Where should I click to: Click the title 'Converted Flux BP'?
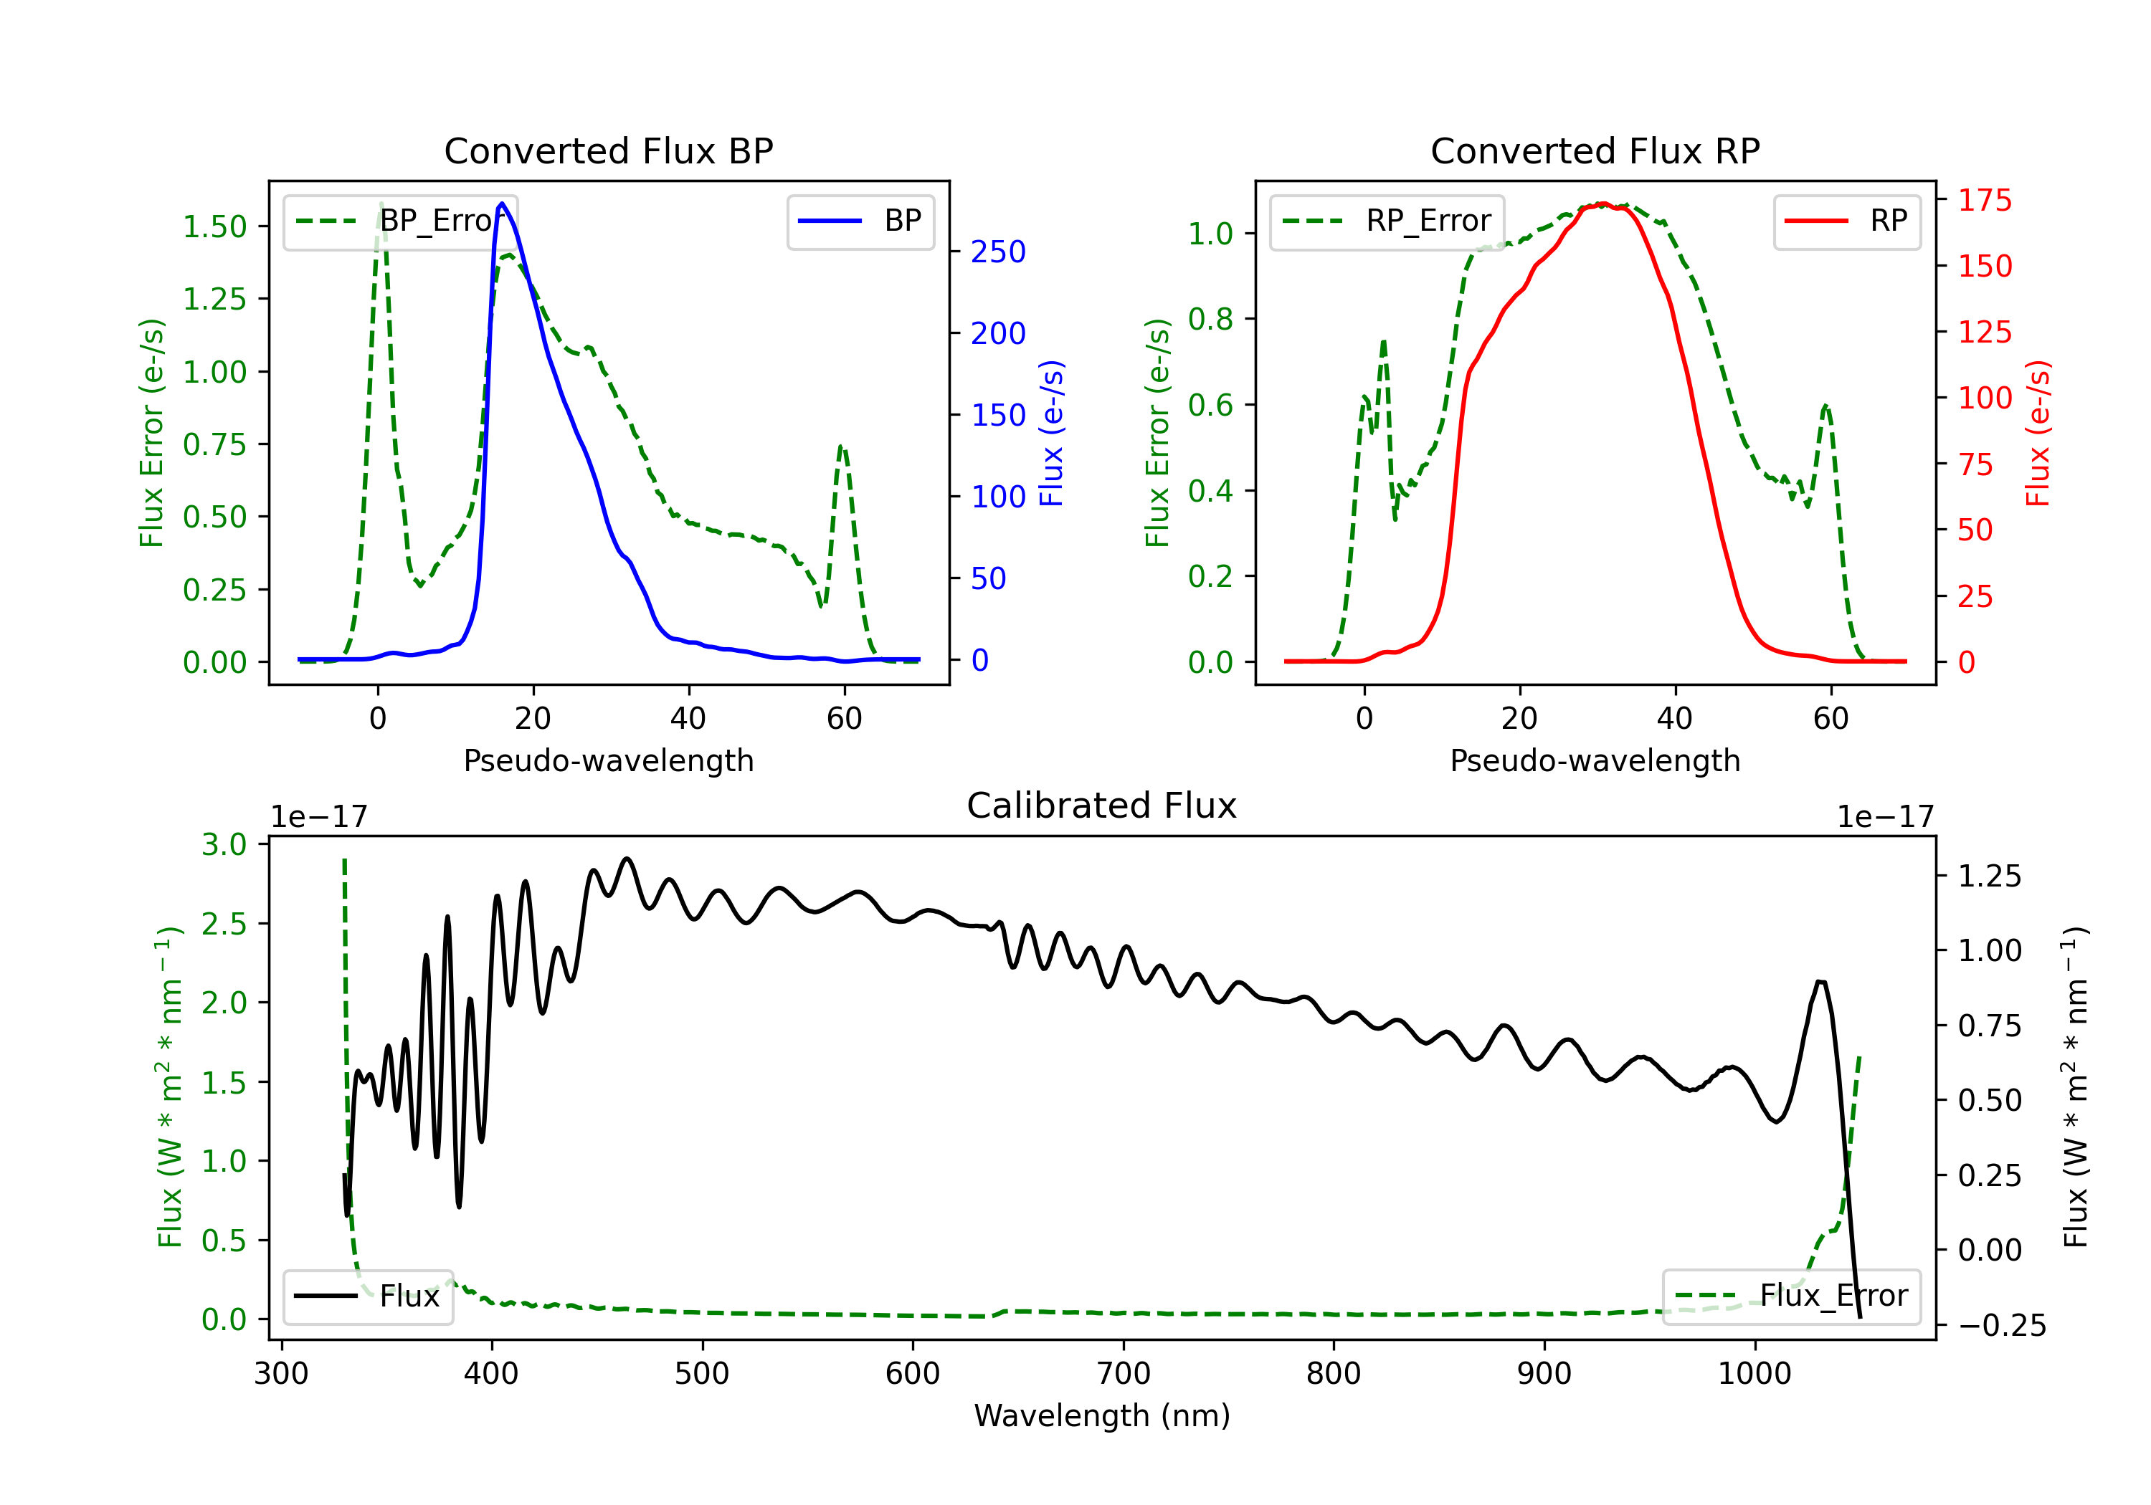(x=609, y=150)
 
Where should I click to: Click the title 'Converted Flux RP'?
(x=1595, y=150)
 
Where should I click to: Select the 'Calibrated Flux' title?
(x=1102, y=806)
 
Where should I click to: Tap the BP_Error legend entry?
(x=401, y=221)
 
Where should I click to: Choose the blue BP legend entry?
(x=860, y=221)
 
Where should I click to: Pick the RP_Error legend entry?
(x=1387, y=221)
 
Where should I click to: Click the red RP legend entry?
(x=1846, y=221)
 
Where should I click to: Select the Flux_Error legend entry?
(x=1791, y=1296)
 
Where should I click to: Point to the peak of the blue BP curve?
(x=502, y=204)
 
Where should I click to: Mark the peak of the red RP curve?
(x=1602, y=204)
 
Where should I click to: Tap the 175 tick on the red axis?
(x=1984, y=201)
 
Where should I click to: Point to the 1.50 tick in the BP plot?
(x=214, y=226)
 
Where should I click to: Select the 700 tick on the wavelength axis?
(x=1124, y=1374)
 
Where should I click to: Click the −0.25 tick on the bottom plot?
(x=2002, y=1326)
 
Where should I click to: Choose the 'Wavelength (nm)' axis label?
(x=1102, y=1416)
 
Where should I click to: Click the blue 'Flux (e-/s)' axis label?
(x=1052, y=434)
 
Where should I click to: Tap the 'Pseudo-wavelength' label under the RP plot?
(x=1595, y=760)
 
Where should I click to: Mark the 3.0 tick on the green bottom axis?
(x=224, y=845)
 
